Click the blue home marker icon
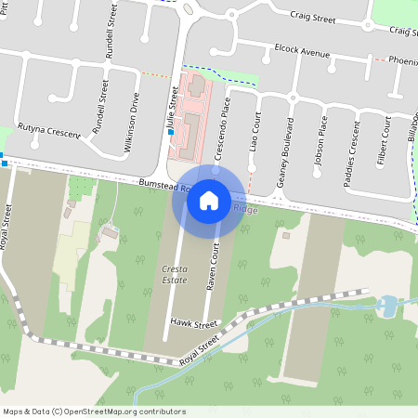click(x=209, y=200)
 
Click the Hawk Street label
click(x=193, y=324)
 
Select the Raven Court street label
click(x=213, y=267)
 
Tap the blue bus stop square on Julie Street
click(x=171, y=133)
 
